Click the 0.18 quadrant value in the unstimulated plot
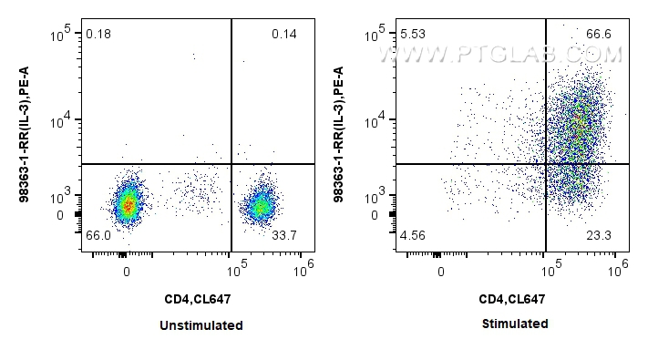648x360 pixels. click(x=98, y=35)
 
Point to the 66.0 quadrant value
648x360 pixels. click(x=98, y=235)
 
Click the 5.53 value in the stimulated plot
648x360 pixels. click(x=413, y=35)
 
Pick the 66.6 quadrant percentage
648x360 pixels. click(x=599, y=35)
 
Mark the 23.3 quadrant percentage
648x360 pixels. click(x=599, y=235)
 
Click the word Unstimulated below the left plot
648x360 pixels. click(x=201, y=325)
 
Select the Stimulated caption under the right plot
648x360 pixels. click(x=514, y=324)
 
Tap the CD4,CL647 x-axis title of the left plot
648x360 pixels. click(x=201, y=298)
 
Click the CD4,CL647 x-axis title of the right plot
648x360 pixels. click(x=514, y=298)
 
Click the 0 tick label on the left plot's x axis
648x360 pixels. click(x=127, y=272)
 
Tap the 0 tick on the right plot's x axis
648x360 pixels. click(x=441, y=272)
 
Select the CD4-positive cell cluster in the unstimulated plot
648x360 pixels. click(x=262, y=206)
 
